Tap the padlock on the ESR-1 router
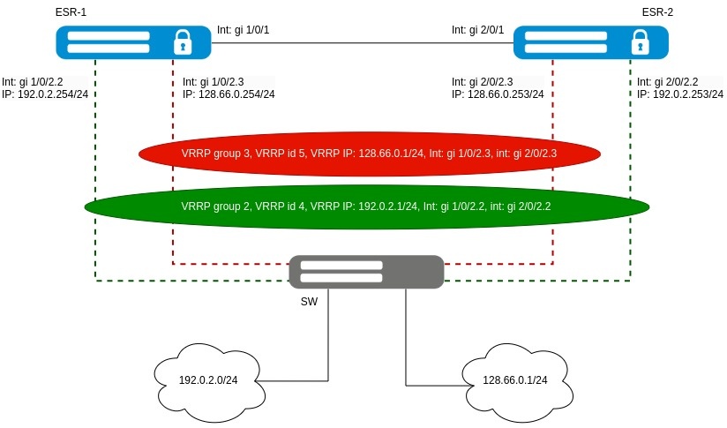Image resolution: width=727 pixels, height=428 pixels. tap(183, 41)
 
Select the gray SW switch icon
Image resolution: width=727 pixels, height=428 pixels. tap(365, 271)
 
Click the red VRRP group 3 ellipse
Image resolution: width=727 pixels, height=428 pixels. tap(370, 154)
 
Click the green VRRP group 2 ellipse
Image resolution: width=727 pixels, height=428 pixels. tap(367, 206)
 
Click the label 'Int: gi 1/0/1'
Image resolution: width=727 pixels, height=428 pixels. tap(243, 30)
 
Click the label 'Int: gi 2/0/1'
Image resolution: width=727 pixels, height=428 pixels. tap(477, 30)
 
